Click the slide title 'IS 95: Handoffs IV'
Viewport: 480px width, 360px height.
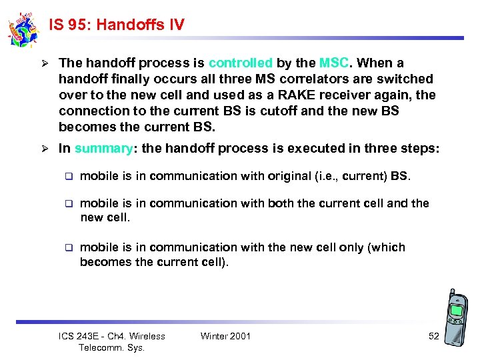(x=117, y=25)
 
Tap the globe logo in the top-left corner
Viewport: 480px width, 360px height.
(x=23, y=29)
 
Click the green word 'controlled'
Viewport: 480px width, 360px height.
(x=240, y=63)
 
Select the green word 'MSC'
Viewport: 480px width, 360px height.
(x=333, y=63)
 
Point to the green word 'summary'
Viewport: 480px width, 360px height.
(x=103, y=148)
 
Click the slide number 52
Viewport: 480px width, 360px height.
(x=433, y=336)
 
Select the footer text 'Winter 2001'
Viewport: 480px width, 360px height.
(x=225, y=336)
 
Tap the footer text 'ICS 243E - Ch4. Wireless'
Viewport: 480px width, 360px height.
(x=111, y=336)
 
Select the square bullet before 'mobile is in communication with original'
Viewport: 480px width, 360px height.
(x=67, y=177)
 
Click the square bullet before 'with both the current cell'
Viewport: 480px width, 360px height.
(x=67, y=203)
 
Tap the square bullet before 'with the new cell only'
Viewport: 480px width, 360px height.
(x=67, y=248)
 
